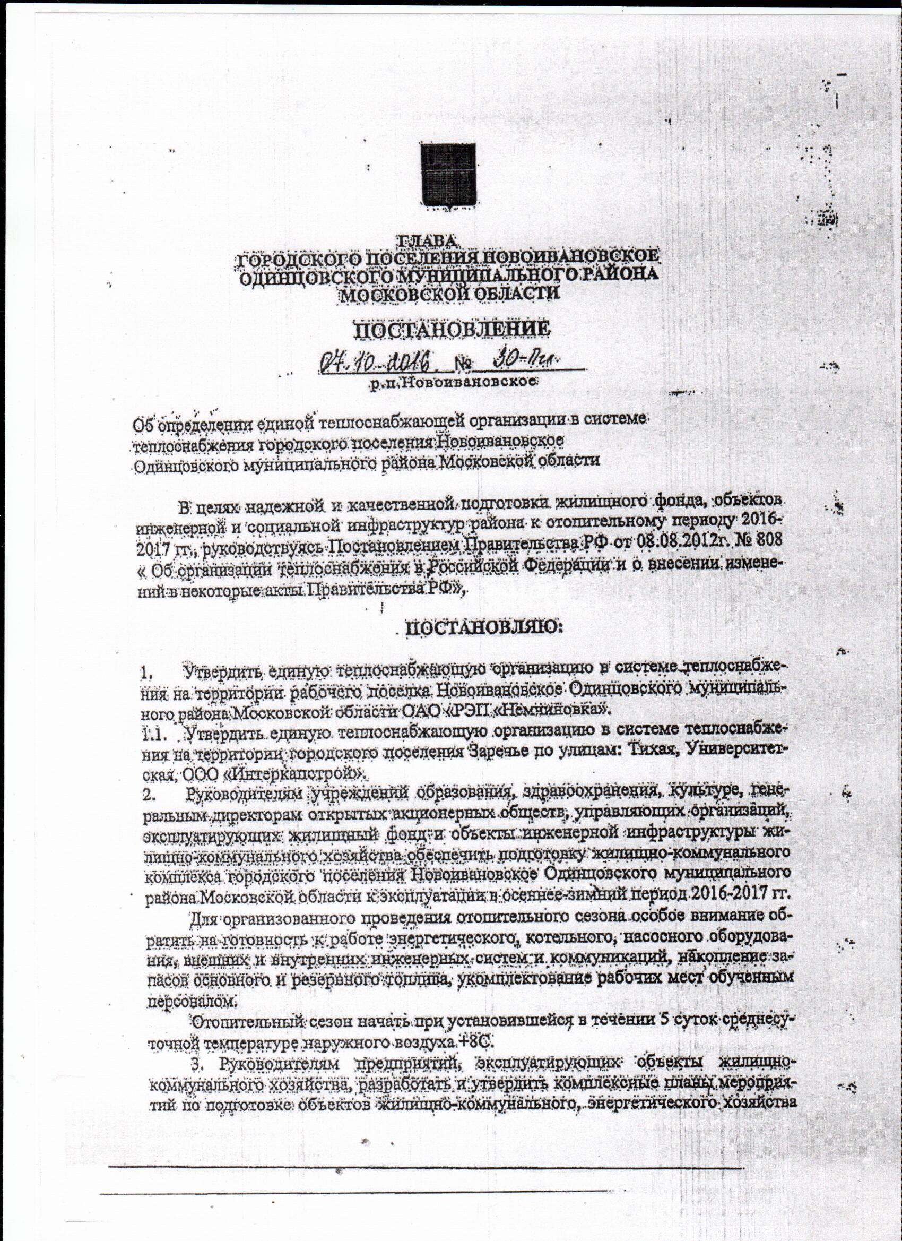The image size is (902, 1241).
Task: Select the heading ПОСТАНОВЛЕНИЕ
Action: (x=452, y=330)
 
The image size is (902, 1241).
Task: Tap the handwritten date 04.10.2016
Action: (x=378, y=361)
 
